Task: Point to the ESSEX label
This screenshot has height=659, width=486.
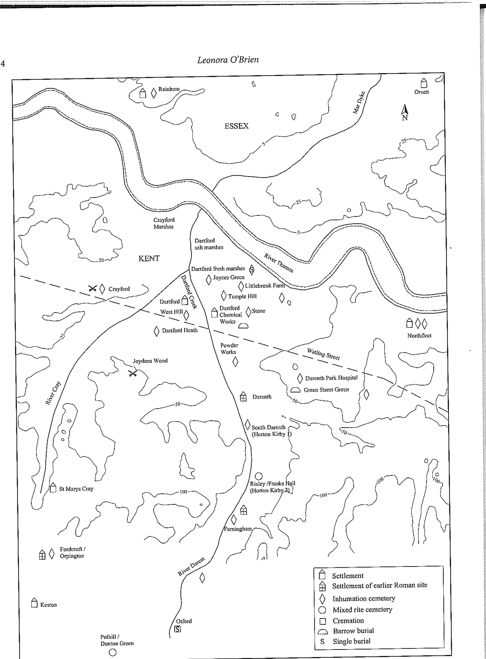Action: tap(236, 126)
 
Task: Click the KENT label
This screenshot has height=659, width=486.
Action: tap(149, 258)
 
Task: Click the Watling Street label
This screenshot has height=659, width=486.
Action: tap(323, 354)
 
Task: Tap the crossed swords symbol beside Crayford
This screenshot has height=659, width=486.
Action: tap(93, 289)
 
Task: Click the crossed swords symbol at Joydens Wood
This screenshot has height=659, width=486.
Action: tap(132, 374)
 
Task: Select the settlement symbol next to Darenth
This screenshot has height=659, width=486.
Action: tap(243, 397)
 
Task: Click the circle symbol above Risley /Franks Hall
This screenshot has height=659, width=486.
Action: tap(258, 476)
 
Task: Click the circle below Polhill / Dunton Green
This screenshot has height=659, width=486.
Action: tap(113, 653)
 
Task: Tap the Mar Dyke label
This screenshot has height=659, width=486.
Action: tap(359, 103)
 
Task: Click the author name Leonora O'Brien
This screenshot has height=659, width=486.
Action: tap(228, 60)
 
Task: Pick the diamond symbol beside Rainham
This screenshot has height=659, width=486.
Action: tap(154, 93)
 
